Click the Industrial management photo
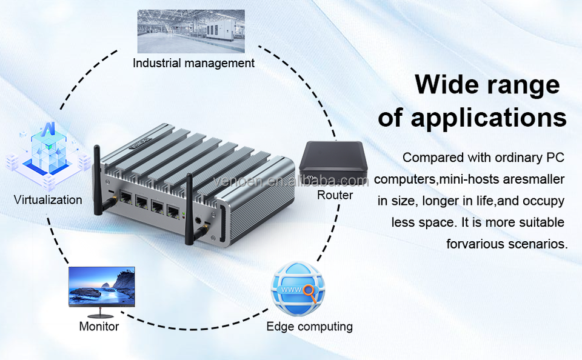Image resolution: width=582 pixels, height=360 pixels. coord(190,31)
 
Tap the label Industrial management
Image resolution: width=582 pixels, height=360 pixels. coord(193,63)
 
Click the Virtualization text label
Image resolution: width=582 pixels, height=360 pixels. coord(48,199)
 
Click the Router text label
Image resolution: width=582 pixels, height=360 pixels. coord(335,195)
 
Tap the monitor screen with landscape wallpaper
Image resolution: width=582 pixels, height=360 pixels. coord(101,286)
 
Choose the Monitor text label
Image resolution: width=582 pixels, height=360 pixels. coord(99,327)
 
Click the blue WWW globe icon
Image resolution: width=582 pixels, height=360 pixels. coord(297,289)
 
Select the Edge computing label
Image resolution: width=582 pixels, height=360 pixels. coord(309,327)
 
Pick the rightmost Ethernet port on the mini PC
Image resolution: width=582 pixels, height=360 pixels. coord(173,212)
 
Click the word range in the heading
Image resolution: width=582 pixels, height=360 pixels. coord(523,85)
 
